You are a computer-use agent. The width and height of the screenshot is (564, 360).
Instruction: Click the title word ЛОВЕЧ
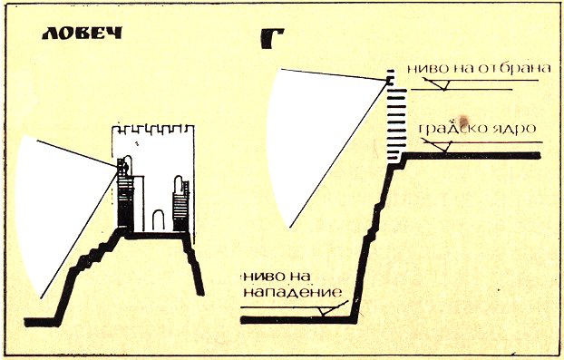pyautogui.click(x=83, y=33)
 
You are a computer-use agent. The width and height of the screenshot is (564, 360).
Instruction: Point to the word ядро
pyautogui.click(x=513, y=129)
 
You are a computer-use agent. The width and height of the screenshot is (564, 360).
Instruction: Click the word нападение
pyautogui.click(x=293, y=292)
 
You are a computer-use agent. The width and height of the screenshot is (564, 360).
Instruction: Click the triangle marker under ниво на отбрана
pyautogui.click(x=443, y=85)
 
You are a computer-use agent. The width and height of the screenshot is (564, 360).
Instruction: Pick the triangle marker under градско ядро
pyautogui.click(x=444, y=146)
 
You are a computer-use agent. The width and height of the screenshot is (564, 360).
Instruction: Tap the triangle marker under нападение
pyautogui.click(x=326, y=311)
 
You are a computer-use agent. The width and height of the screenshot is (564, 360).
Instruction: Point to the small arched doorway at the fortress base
pyautogui.click(x=159, y=220)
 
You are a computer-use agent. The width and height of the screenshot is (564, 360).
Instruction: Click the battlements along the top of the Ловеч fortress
pyautogui.click(x=153, y=130)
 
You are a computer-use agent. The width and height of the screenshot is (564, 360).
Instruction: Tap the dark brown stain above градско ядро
pyautogui.click(x=463, y=120)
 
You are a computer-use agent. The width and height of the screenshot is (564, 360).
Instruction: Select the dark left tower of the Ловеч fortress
pyautogui.click(x=125, y=194)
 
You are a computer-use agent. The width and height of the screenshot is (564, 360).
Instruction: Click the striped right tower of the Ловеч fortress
pyautogui.click(x=181, y=205)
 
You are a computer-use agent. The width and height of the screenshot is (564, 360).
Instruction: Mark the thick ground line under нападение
pyautogui.click(x=297, y=320)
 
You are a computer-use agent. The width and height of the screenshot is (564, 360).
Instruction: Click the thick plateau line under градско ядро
pyautogui.click(x=472, y=156)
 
